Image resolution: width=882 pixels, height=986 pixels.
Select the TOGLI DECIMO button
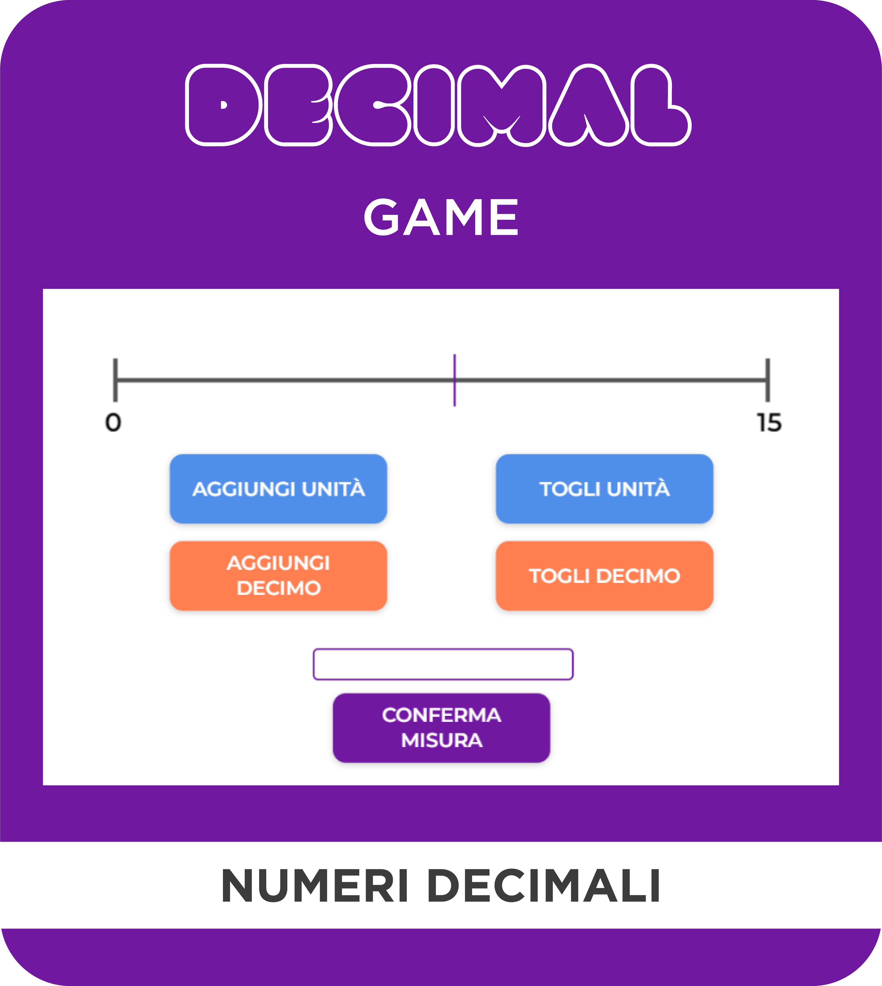point(604,576)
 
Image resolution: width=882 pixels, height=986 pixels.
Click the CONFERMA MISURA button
point(441,728)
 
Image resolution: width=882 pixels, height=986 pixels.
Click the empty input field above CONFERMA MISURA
point(443,664)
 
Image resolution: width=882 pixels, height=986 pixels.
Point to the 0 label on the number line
point(113,422)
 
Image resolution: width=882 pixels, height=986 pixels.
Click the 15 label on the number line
point(769,422)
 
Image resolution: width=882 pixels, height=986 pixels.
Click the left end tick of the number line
point(115,380)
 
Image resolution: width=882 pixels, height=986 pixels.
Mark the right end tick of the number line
point(768,380)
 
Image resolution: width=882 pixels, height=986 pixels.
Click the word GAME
point(441,218)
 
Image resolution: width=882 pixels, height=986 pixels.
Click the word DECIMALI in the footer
point(544,886)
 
